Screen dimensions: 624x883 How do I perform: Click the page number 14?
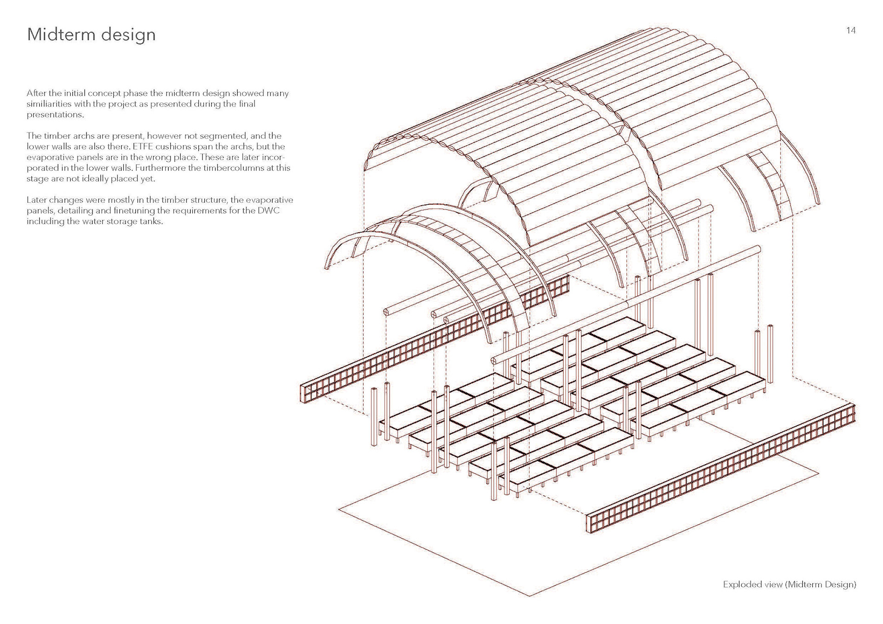851,30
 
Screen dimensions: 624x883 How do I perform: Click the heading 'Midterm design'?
91,35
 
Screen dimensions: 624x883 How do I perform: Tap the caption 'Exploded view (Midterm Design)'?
789,584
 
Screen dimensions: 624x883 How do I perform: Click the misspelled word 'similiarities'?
49,104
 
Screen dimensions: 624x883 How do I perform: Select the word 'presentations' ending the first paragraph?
55,114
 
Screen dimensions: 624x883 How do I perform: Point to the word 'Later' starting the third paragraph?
36,200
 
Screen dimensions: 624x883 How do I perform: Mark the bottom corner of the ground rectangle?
530,596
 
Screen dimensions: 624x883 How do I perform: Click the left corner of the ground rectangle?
339,509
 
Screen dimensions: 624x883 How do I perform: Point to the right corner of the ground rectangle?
819,472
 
